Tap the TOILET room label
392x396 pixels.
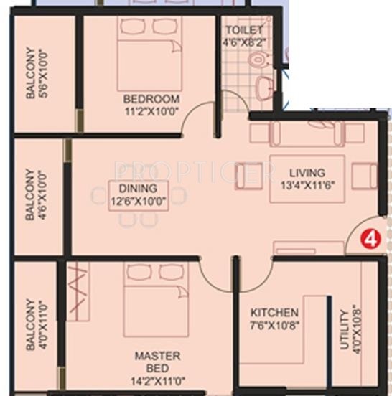244,30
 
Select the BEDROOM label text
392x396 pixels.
151,98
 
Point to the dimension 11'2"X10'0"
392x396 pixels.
151,110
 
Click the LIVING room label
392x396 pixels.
307,173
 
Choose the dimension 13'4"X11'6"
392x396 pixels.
307,184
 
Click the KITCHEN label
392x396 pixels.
274,313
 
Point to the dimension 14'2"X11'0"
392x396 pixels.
158,382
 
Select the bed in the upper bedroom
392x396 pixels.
149,53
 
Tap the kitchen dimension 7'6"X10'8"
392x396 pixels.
274,325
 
